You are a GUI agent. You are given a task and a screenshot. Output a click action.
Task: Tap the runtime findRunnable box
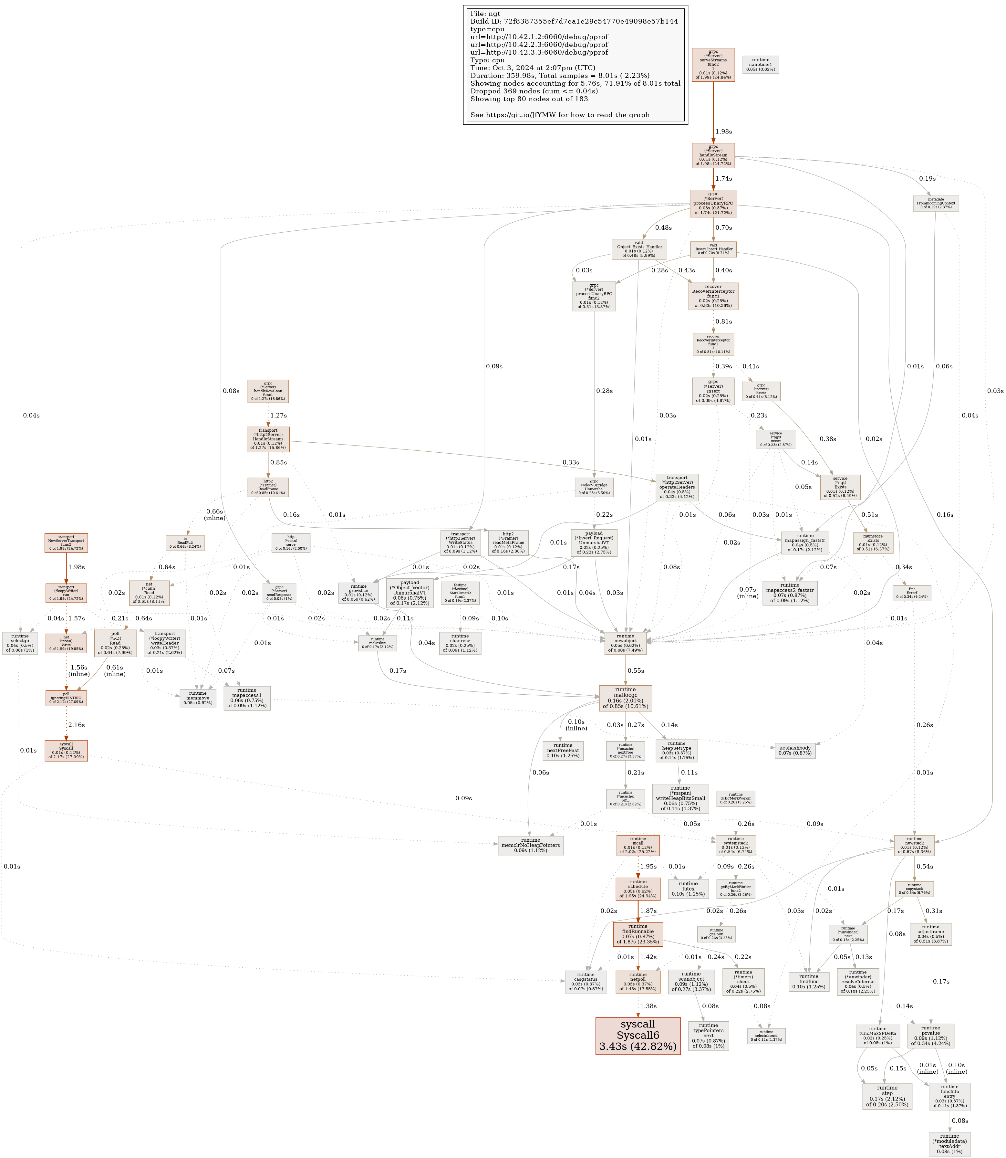coord(638,934)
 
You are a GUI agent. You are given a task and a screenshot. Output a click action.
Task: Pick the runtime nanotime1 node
coord(761,65)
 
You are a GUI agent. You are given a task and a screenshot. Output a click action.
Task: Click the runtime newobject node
coord(625,643)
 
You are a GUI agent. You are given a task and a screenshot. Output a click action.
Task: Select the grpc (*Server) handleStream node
coord(713,155)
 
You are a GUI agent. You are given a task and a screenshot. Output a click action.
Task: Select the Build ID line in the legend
coord(574,21)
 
